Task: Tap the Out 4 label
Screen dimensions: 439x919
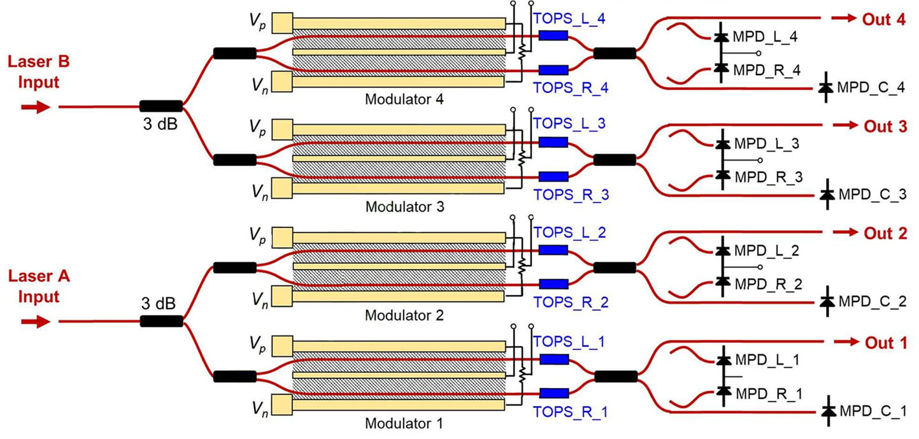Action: click(x=884, y=19)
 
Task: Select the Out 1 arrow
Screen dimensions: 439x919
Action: click(x=844, y=343)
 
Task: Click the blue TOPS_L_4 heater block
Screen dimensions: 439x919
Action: click(x=553, y=35)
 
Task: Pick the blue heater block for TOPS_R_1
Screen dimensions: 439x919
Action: click(x=554, y=393)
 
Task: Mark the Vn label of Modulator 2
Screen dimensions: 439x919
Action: click(x=258, y=298)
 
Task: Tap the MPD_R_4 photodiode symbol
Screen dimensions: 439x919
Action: click(x=721, y=68)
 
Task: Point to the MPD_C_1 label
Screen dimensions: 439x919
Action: click(x=873, y=411)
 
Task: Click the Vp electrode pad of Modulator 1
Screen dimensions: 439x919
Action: click(x=282, y=345)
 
